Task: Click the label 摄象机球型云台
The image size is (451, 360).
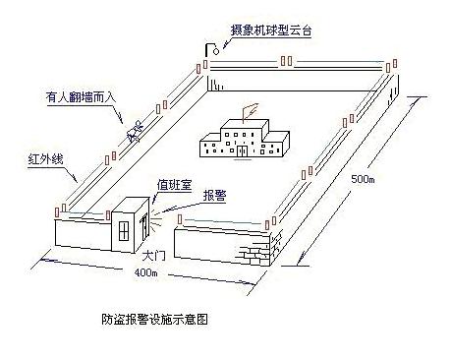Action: click(271, 30)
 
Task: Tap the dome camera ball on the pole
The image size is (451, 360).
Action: click(216, 51)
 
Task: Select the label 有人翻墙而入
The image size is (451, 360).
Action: click(81, 97)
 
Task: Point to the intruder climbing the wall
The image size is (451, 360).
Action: click(136, 132)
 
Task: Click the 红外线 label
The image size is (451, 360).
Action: click(45, 159)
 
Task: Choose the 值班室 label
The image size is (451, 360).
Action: click(174, 185)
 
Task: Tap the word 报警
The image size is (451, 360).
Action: click(214, 196)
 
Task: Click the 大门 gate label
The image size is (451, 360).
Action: click(154, 256)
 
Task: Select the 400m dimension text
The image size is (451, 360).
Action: click(145, 272)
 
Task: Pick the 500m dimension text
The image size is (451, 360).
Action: click(363, 179)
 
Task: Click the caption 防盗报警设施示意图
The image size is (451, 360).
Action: click(154, 319)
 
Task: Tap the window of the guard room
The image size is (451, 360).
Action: click(124, 231)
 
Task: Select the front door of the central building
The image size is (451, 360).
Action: click(242, 150)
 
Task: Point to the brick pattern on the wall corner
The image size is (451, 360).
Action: click(258, 250)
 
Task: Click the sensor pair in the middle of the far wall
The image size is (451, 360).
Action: click(286, 61)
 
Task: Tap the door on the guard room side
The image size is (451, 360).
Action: click(144, 226)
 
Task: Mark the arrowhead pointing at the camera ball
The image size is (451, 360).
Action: click(225, 45)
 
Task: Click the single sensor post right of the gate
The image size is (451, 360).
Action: click(180, 219)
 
